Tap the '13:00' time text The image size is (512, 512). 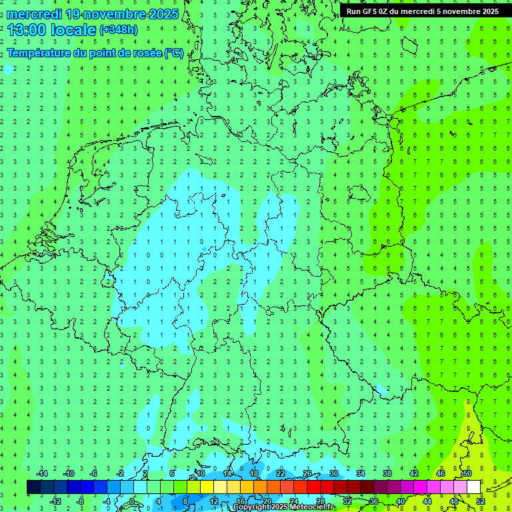click(x=26, y=30)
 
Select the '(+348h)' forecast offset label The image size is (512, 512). click(x=118, y=30)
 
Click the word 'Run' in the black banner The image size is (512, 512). click(x=354, y=11)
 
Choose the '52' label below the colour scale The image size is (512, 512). click(x=481, y=501)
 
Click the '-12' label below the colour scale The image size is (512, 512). click(x=56, y=501)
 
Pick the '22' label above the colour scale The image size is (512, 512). click(x=281, y=473)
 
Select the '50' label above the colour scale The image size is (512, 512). click(x=467, y=473)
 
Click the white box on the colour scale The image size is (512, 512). click(x=473, y=487)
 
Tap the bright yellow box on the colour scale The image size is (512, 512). click(x=207, y=487)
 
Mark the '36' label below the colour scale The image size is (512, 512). click(x=374, y=501)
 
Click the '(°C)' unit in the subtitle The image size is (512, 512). click(x=173, y=53)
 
